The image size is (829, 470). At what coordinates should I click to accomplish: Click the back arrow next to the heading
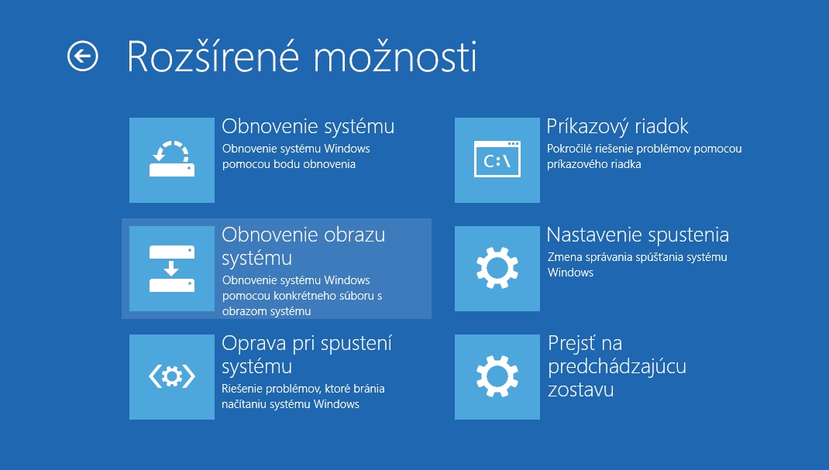(x=82, y=56)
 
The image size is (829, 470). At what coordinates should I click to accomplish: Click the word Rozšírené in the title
(x=213, y=57)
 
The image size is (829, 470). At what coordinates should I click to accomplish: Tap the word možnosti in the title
(x=395, y=57)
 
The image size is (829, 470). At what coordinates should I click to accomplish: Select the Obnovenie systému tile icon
(x=172, y=160)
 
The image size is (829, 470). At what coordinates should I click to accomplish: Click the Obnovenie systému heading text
(x=308, y=127)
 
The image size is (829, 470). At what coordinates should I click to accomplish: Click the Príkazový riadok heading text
(x=617, y=127)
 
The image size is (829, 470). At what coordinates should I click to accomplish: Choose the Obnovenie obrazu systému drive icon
(x=172, y=268)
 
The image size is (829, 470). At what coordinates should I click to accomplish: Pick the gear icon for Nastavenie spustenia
(x=497, y=268)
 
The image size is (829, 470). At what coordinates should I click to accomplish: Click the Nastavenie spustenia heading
(x=638, y=235)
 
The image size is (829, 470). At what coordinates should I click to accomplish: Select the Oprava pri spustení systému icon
(x=172, y=377)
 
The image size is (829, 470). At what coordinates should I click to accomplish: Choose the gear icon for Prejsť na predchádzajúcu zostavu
(x=497, y=377)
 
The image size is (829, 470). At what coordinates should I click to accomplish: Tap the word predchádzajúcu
(x=617, y=366)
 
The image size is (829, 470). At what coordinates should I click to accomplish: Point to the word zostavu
(x=580, y=389)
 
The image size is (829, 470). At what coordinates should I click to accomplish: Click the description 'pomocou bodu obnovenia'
(x=289, y=164)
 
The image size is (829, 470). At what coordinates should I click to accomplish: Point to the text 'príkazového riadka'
(x=593, y=164)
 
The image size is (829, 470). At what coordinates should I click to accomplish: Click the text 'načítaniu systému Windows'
(x=291, y=404)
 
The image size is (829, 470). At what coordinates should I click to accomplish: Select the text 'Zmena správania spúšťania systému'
(x=637, y=257)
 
